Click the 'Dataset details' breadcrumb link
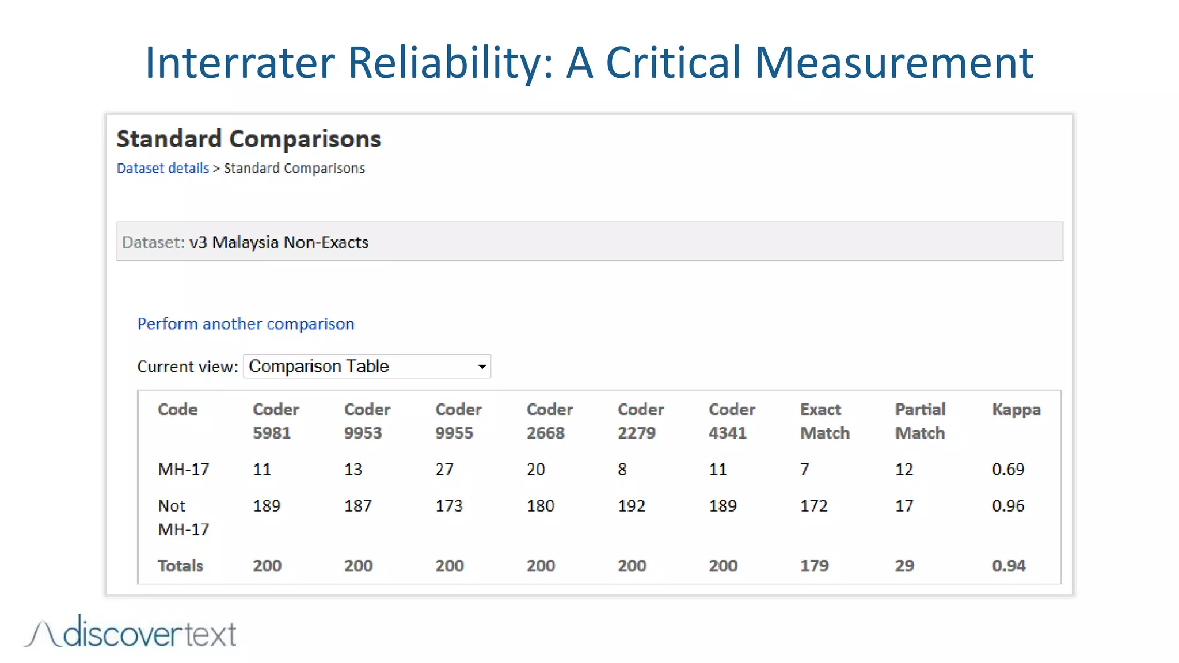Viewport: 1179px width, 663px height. [162, 168]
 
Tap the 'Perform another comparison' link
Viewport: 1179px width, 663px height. [245, 324]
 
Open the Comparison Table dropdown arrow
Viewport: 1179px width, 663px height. [482, 367]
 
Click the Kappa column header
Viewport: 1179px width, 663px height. [1016, 410]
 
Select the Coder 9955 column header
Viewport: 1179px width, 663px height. [458, 421]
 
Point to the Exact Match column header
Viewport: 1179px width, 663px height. [824, 421]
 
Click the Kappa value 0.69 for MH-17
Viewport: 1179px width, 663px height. [1008, 470]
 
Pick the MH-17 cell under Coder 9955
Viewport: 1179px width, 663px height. [444, 470]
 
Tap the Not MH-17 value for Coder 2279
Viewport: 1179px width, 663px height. [631, 506]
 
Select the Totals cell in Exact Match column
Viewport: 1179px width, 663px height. [814, 566]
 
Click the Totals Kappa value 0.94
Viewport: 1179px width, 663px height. [1009, 566]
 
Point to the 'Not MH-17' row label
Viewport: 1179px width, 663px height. [183, 517]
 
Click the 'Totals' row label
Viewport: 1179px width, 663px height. [180, 566]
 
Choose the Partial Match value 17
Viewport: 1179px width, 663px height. [904, 506]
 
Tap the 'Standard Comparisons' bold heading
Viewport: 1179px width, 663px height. [249, 139]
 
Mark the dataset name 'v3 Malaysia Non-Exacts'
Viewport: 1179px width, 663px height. [279, 242]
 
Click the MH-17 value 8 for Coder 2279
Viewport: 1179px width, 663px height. [622, 470]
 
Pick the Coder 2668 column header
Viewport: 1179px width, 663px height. [549, 421]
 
